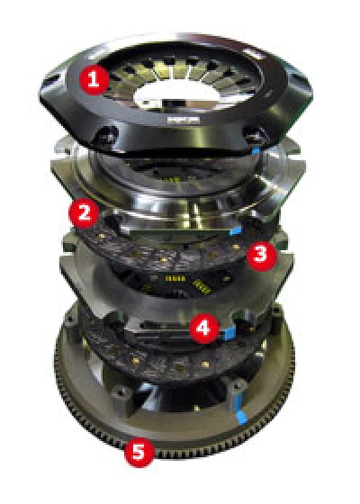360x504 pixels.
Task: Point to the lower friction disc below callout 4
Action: click(158, 362)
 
